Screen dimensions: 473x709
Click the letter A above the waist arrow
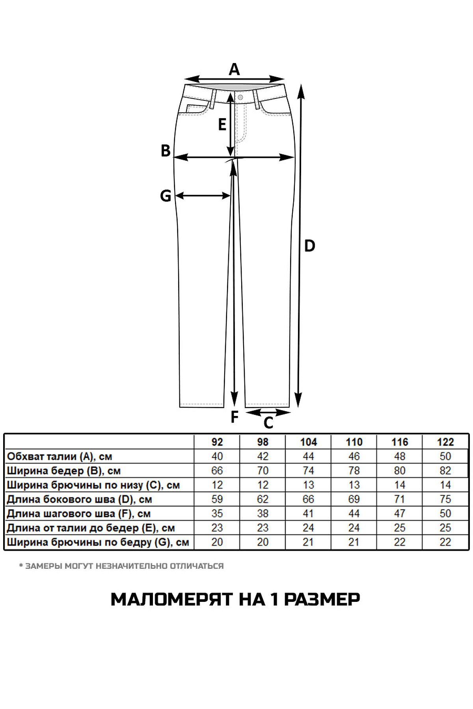pos(234,69)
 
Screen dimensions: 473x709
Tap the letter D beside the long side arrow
pos(310,246)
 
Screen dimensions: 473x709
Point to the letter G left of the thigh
pos(166,196)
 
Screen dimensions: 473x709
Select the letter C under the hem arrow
pos(268,423)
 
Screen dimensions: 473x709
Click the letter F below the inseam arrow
pos(235,417)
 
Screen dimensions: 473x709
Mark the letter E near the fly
pos(222,125)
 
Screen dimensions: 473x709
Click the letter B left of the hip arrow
pos(166,151)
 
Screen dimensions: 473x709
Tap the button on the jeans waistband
pos(240,97)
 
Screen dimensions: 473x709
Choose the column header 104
pos(308,442)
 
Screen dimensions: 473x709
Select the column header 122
pos(445,442)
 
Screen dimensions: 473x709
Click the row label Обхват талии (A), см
pos(60,457)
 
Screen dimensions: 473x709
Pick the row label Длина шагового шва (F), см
pos(79,514)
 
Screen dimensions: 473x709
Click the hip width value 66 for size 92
pos(217,471)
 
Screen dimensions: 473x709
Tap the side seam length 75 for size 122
pos(445,499)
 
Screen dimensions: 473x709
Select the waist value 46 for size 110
pos(354,456)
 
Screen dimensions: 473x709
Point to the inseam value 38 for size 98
pos(263,514)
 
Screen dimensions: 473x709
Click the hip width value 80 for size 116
pos(400,471)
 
